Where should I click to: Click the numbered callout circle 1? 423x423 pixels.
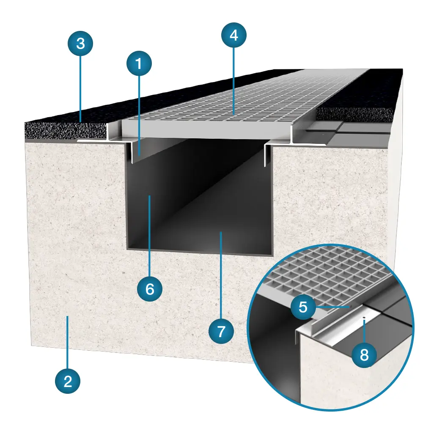tap(139, 64)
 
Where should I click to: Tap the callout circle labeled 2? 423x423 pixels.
tap(68, 381)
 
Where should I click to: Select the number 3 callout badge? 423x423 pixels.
tap(80, 43)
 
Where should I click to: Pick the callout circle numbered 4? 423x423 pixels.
tap(234, 35)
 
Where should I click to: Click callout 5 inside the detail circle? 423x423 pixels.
tap(303, 307)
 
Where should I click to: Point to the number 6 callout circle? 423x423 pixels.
tap(150, 289)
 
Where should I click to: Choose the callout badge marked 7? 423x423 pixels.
tap(221, 331)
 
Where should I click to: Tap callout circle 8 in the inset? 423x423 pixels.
tap(364, 355)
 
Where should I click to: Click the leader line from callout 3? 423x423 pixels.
tap(80, 88)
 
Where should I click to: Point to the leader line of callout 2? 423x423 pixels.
tap(68, 343)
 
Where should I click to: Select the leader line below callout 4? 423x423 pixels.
tap(233, 81)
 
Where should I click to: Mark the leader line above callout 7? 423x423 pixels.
tap(221, 275)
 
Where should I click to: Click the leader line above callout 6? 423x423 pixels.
tap(149, 236)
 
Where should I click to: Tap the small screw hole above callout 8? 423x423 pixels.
tap(364, 318)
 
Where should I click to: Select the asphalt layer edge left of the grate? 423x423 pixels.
tap(66, 131)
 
